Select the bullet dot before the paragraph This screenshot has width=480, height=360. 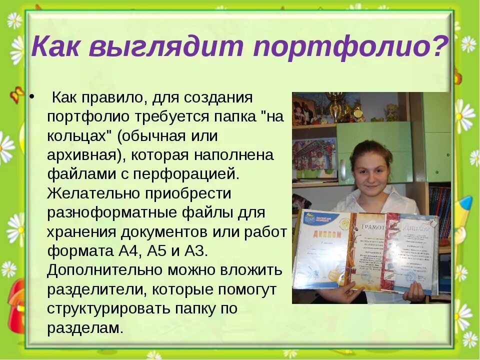[x=32, y=97]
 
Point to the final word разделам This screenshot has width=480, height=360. [x=84, y=328]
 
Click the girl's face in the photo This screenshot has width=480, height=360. [x=370, y=169]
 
